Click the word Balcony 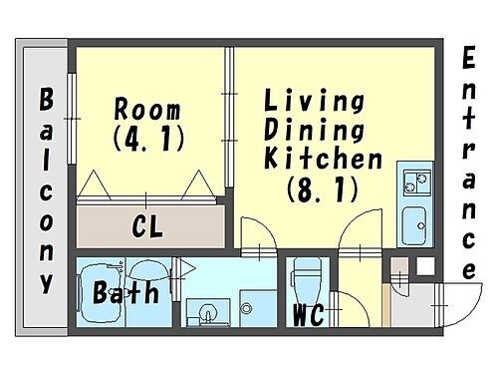(x=46, y=190)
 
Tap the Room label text (x=147, y=108)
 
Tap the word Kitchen (x=324, y=159)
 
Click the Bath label (x=126, y=293)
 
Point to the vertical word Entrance (x=468, y=165)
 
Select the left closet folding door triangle (x=97, y=185)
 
